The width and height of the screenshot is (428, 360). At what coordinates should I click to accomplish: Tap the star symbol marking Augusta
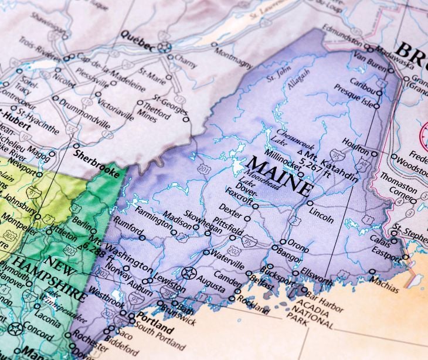(x=189, y=273)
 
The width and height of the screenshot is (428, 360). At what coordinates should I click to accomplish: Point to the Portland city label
(x=154, y=327)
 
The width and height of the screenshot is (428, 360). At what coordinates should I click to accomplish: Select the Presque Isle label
(x=354, y=96)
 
